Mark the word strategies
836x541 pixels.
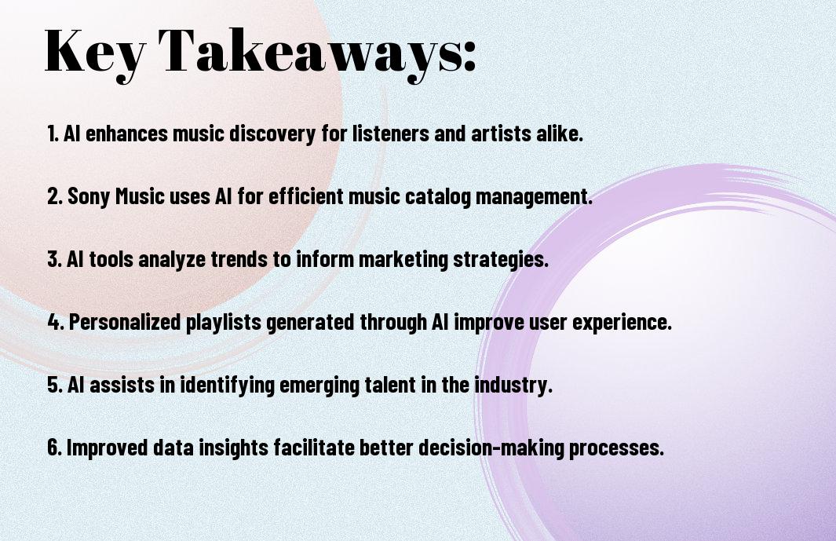tap(501, 260)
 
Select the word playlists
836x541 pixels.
tap(224, 322)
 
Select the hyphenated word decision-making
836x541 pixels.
tap(491, 447)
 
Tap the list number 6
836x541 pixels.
tap(54, 447)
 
